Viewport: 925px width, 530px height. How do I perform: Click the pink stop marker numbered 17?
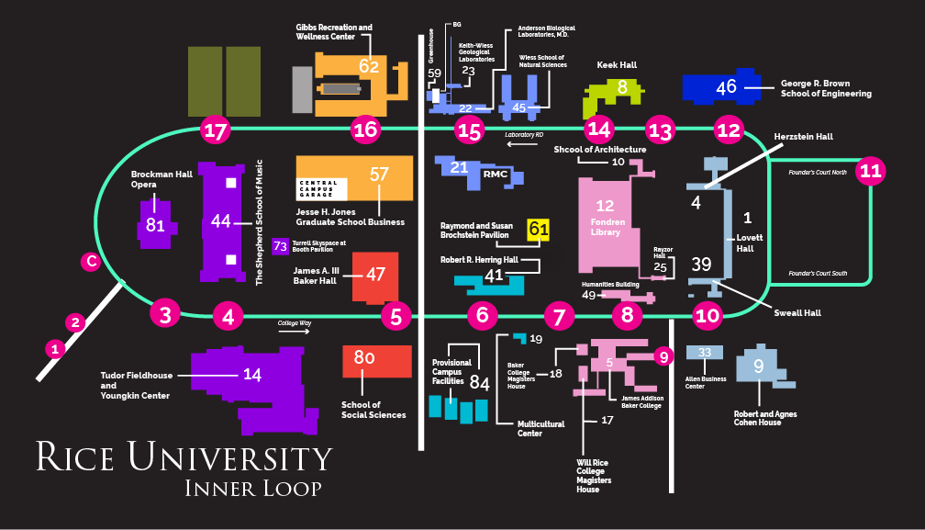pyautogui.click(x=216, y=130)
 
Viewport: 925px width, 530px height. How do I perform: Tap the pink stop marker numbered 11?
pyautogui.click(x=871, y=171)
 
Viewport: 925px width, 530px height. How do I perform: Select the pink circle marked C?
pyautogui.click(x=90, y=262)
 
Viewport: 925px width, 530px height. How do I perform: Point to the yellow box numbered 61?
pyautogui.click(x=539, y=230)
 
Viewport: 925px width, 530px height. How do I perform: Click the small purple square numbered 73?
pyautogui.click(x=281, y=245)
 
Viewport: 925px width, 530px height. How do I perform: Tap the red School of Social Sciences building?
pyautogui.click(x=376, y=361)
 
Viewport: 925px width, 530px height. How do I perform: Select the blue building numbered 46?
pyautogui.click(x=725, y=87)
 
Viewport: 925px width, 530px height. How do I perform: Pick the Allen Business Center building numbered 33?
pyautogui.click(x=705, y=353)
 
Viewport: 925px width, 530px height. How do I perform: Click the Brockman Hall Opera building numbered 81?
pyautogui.click(x=155, y=224)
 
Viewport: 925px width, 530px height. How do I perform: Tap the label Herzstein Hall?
pyautogui.click(x=803, y=136)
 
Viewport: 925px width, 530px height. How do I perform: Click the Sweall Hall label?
pyautogui.click(x=796, y=312)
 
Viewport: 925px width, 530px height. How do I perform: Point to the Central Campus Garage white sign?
pyautogui.click(x=331, y=188)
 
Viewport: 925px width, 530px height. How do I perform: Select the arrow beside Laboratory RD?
pyautogui.click(x=522, y=144)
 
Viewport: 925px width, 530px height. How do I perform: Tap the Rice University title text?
pyautogui.click(x=184, y=457)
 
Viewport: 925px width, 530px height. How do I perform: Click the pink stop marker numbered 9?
pyautogui.click(x=664, y=356)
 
